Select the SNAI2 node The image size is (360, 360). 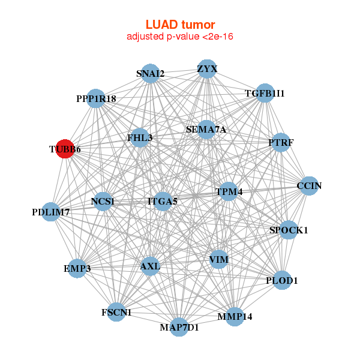[151, 74]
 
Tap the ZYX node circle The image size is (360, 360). [206, 69]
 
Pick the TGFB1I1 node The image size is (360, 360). [265, 94]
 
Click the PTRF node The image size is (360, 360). [280, 143]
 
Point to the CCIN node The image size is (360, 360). [308, 186]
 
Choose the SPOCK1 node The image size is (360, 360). [289, 230]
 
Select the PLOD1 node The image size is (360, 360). [282, 280]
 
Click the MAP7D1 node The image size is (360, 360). [179, 327]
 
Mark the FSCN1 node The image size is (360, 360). [116, 312]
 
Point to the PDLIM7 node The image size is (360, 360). [52, 212]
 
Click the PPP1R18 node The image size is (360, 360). [96, 98]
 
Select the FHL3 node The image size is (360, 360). [140, 138]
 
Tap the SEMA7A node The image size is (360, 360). [206, 130]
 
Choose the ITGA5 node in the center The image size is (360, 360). [162, 202]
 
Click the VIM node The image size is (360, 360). [218, 259]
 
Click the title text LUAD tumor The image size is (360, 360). [180, 25]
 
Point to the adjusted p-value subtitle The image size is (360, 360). [180, 37]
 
